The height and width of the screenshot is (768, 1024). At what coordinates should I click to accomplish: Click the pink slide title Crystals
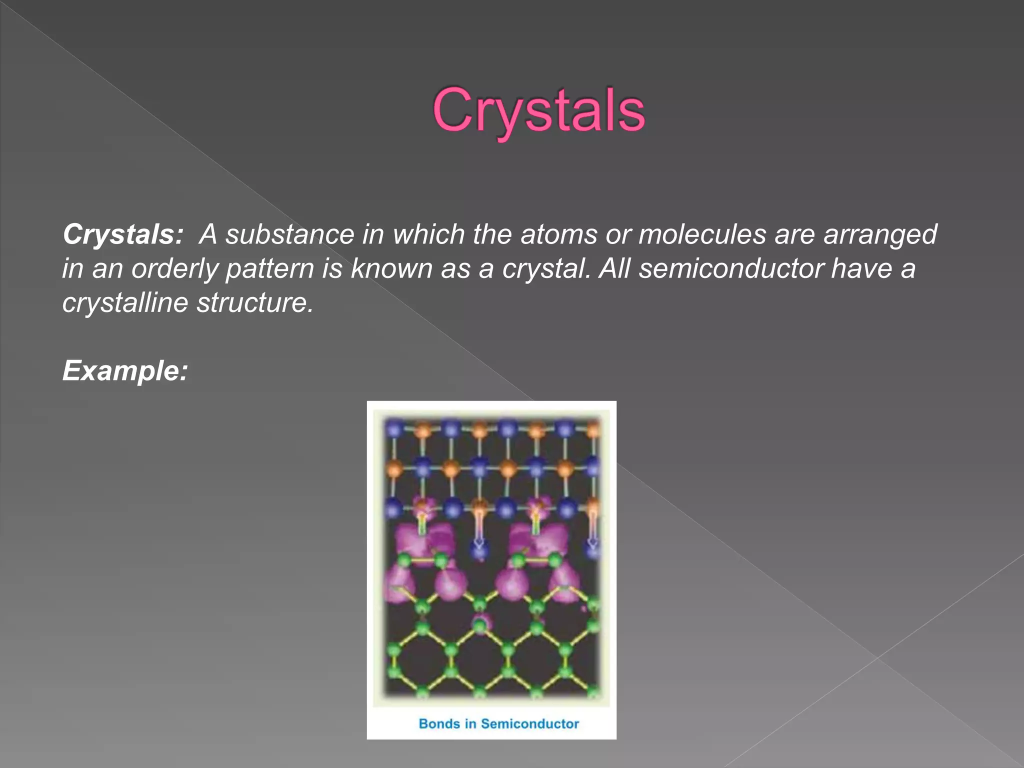[538, 111]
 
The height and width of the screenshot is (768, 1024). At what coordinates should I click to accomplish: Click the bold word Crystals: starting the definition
[123, 234]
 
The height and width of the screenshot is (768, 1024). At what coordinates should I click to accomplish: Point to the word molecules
[702, 234]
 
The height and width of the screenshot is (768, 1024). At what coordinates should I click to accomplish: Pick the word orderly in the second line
[175, 269]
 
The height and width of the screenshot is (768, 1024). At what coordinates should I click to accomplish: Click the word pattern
[269, 269]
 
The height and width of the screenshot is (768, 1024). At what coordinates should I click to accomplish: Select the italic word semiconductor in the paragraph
[731, 268]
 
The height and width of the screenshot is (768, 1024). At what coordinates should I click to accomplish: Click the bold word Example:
[125, 371]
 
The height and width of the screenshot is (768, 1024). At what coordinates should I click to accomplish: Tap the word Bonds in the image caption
[439, 723]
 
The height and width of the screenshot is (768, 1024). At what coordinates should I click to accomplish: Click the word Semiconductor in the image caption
[529, 723]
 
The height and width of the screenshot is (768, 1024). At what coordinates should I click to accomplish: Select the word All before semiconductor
[614, 268]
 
